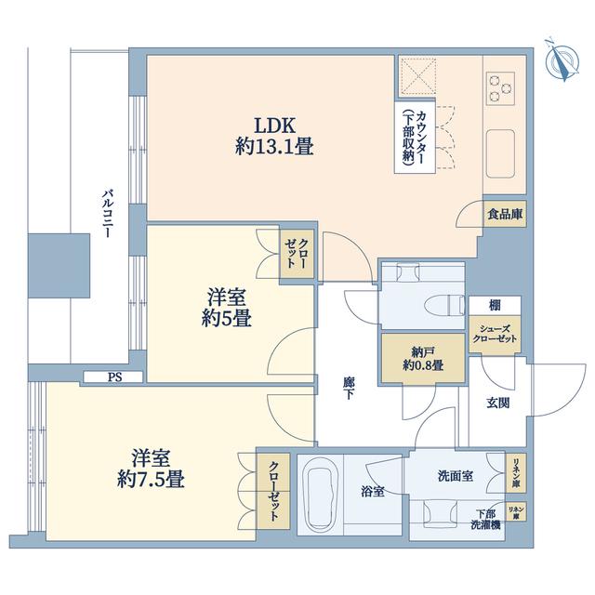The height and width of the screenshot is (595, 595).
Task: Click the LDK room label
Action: pos(274,136)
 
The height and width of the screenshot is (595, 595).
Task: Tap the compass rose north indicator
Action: pos(562,61)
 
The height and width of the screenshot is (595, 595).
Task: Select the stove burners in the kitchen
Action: pos(500,88)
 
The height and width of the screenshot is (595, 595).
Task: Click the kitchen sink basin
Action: pos(500,153)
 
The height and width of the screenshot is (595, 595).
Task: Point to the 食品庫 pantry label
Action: pos(505,215)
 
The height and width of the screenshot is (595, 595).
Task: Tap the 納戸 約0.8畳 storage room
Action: pos(423,358)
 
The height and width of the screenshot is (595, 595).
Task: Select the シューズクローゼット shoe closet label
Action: pos(495,334)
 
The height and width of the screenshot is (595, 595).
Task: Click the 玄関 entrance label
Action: pos(498,403)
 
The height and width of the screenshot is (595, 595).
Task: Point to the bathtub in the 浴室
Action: pos(321,495)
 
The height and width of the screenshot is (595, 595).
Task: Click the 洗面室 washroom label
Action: pos(456,476)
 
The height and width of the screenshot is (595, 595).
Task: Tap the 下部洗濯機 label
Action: pos(485,520)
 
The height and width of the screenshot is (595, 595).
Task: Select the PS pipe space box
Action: pos(113,377)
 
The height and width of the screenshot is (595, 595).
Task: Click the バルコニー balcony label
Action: pos(108,214)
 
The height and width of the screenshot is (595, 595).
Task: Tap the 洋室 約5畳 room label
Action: pos(227,308)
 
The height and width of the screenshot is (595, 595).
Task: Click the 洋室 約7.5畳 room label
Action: pos(151,469)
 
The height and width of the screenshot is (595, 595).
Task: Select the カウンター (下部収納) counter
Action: pos(415,138)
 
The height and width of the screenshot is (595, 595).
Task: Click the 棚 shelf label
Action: pos(495,305)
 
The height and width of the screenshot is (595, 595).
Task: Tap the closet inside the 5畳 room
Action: pos(297,254)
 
